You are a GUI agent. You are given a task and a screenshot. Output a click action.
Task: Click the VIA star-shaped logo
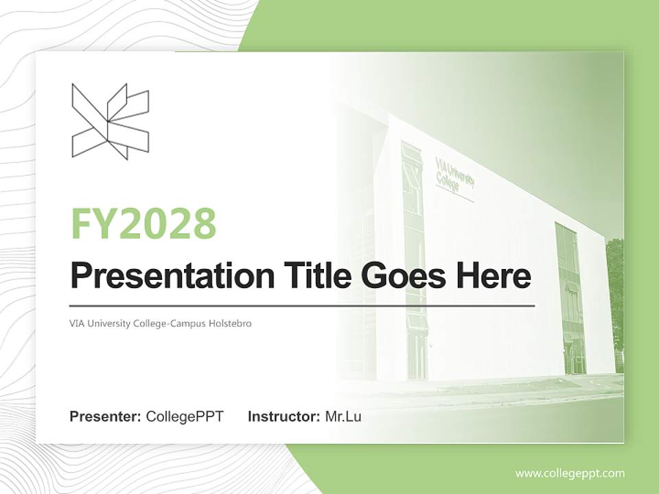tap(110, 121)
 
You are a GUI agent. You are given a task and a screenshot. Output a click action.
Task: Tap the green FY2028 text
tap(143, 224)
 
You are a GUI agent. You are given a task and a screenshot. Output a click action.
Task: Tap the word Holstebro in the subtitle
tap(230, 323)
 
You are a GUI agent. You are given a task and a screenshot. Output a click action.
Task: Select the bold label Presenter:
tap(106, 416)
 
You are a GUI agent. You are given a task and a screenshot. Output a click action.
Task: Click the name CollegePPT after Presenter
tap(185, 416)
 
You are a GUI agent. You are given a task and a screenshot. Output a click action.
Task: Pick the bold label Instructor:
tap(284, 416)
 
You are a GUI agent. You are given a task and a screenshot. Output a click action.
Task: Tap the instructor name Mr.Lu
tap(343, 416)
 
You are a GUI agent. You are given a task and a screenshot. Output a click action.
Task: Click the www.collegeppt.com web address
tap(570, 473)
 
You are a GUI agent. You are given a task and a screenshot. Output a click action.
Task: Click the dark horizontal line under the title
tap(302, 305)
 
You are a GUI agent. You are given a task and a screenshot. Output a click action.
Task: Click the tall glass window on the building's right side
tap(570, 295)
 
